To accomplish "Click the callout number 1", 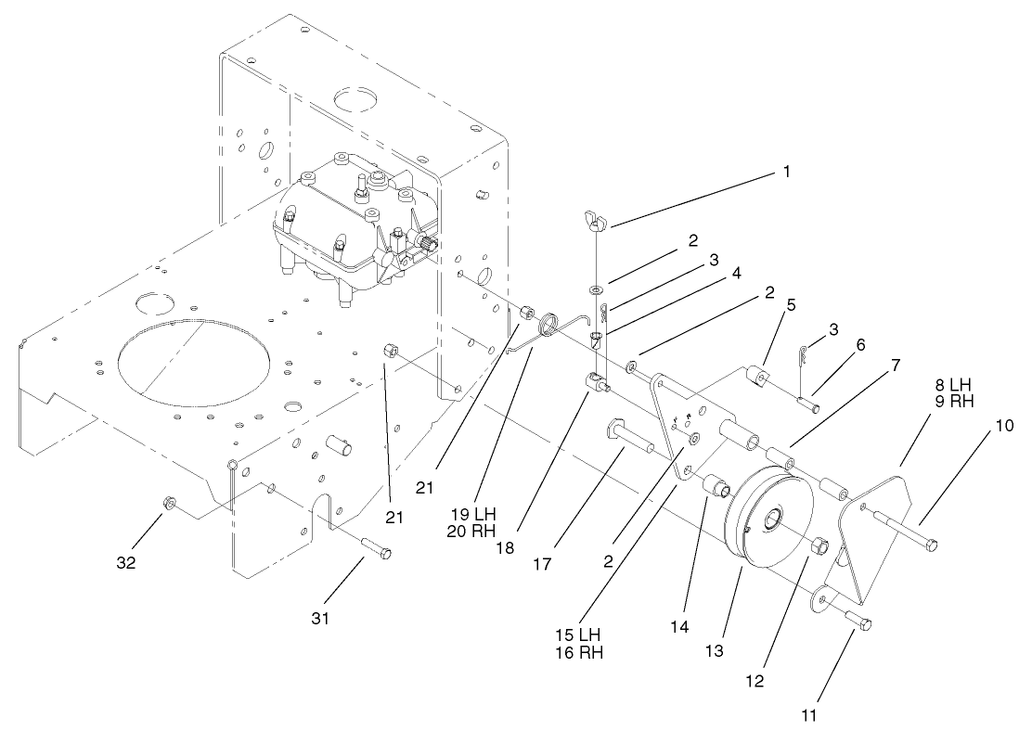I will point(787,172).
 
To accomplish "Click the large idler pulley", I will point(767,520).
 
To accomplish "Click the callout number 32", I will point(126,562).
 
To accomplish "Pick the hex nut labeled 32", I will point(169,504).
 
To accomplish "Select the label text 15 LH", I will point(577,634).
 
